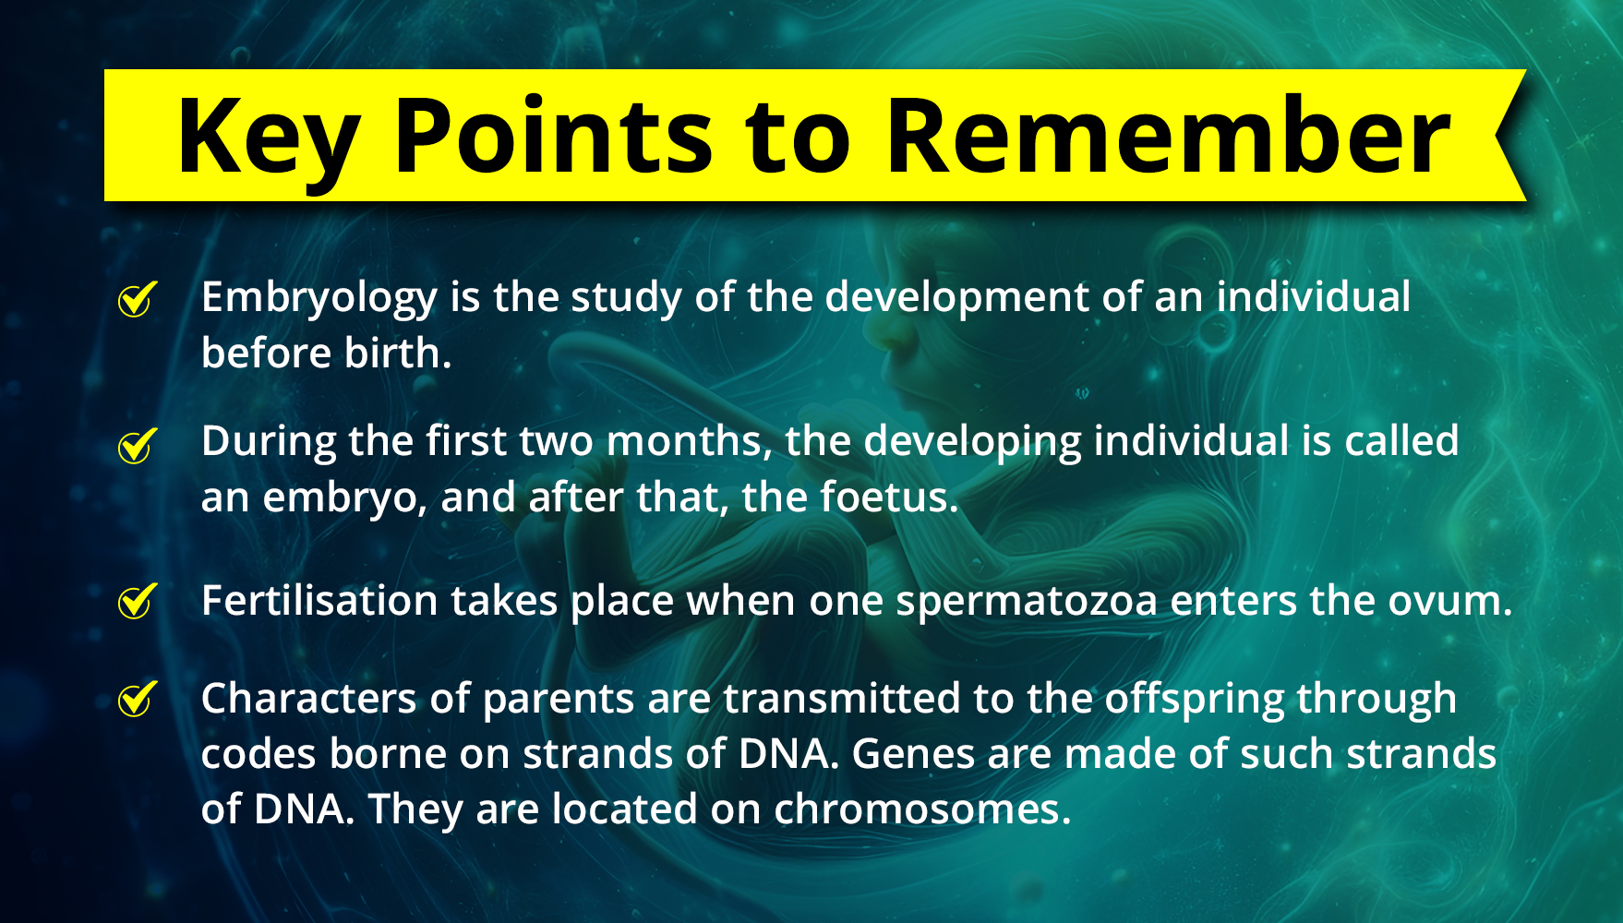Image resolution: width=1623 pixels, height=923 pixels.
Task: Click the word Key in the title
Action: click(268, 138)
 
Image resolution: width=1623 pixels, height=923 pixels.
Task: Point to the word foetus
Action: click(889, 497)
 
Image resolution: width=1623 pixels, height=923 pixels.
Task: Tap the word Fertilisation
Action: click(319, 601)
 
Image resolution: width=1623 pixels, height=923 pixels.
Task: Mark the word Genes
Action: click(913, 754)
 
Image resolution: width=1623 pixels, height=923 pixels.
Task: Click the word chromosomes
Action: click(922, 809)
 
